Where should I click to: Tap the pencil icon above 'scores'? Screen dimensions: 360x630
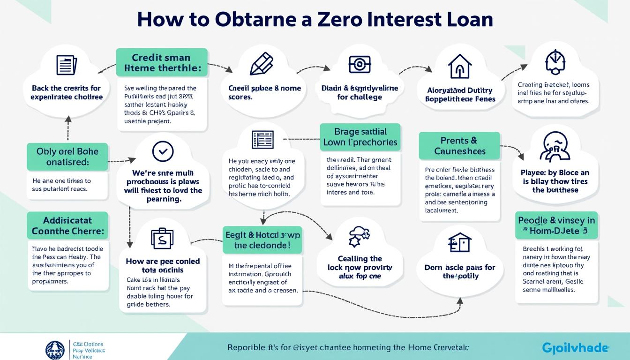261,63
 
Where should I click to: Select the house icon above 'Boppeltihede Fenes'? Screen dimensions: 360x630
460,66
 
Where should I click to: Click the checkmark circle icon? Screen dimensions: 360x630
163,151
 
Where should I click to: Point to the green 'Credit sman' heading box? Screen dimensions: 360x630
162,63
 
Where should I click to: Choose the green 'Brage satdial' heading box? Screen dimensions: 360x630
360,137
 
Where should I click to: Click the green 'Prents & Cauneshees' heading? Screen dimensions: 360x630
459,145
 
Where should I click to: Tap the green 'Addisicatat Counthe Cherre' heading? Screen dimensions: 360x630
67,225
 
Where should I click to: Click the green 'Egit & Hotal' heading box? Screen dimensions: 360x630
262,240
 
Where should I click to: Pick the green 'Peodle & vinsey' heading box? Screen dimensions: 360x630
556,225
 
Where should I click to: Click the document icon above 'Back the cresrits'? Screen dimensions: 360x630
66,65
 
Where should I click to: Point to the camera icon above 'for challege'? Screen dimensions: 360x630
360,64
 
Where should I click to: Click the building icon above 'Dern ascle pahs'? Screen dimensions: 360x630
459,243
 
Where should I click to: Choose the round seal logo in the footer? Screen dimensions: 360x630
55,350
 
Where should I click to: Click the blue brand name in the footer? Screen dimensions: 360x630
575,348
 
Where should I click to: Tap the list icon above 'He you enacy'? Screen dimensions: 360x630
262,140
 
